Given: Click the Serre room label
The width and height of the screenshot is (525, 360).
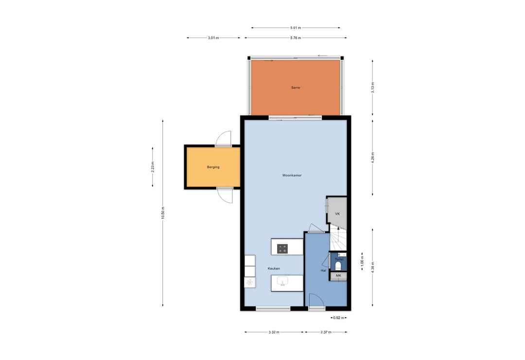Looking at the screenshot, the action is (x=296, y=88).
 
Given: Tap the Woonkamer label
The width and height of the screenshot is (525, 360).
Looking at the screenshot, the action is (x=292, y=175).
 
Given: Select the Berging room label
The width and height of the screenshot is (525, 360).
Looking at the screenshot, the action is (x=213, y=167).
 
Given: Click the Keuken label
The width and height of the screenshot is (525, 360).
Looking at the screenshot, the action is (x=274, y=269).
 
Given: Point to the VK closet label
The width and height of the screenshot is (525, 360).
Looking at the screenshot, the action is (x=337, y=214).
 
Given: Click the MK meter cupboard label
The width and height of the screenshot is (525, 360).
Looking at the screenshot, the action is (x=338, y=275).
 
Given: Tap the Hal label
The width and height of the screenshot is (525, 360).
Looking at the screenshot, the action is (x=323, y=270).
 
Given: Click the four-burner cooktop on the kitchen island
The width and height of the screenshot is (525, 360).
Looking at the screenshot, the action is (x=282, y=249).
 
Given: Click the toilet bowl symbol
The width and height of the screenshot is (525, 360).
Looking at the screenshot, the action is (x=338, y=266).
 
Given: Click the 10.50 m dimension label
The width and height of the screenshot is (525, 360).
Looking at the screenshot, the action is (x=163, y=213).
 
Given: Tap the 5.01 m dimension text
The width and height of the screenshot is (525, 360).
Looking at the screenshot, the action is (x=296, y=28).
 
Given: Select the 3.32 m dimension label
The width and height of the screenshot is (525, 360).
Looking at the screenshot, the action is (x=274, y=332).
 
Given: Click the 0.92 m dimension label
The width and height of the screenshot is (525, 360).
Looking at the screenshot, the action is (x=338, y=318).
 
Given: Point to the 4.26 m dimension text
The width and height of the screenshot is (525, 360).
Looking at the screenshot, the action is (x=373, y=158).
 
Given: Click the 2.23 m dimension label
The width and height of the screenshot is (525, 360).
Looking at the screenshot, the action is (x=153, y=167).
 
